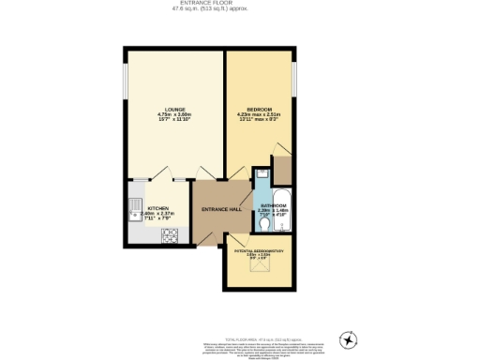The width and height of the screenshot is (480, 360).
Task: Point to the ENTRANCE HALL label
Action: click(221, 209)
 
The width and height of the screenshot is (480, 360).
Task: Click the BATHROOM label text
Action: click(273, 204)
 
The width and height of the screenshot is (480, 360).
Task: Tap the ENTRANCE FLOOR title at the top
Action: click(240, 4)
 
